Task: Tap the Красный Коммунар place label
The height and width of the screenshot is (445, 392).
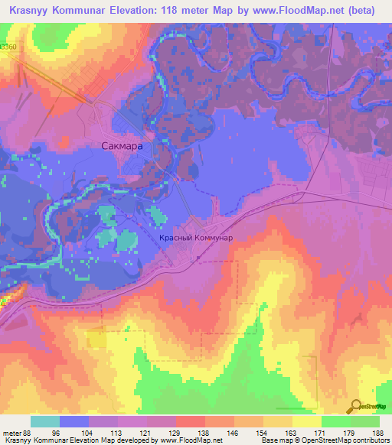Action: (x=195, y=238)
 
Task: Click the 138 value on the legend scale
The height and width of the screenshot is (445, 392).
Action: (x=201, y=432)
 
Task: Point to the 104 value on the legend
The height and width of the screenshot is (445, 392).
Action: (x=93, y=432)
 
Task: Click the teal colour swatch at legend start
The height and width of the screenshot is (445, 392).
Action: (x=45, y=421)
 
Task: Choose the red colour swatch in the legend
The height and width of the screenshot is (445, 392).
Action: (x=190, y=421)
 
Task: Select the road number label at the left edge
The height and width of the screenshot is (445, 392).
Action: (x=8, y=47)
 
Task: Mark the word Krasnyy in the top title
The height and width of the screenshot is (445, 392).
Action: (x=27, y=10)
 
